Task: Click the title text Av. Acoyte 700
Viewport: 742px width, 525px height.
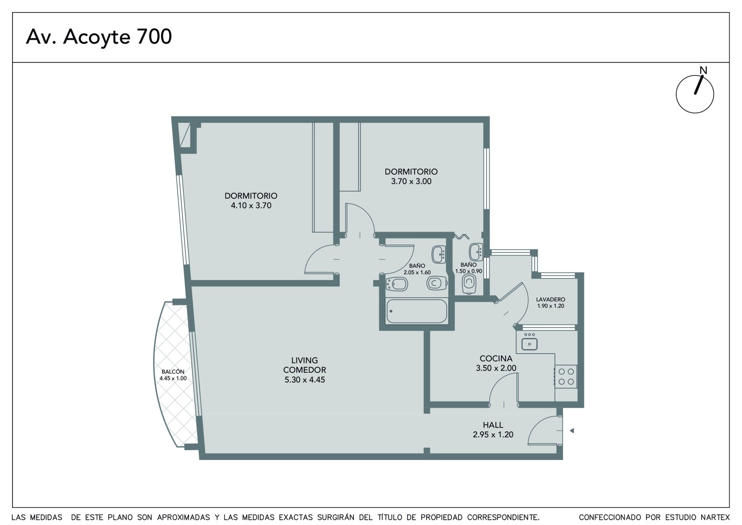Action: click(99, 37)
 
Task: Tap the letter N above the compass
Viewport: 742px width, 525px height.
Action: click(703, 70)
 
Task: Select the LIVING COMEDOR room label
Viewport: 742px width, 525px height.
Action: click(304, 365)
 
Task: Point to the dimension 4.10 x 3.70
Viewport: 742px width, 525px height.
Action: click(251, 205)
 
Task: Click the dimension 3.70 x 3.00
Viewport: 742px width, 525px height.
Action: click(411, 181)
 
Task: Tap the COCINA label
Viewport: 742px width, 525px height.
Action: click(496, 358)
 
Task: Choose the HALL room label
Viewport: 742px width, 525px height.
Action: click(493, 425)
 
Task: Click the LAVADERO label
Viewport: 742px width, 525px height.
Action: click(550, 299)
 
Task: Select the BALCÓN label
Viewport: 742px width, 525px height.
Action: click(173, 371)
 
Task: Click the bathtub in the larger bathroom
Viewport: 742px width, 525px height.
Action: click(417, 311)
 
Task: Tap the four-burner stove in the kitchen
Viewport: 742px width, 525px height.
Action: click(566, 376)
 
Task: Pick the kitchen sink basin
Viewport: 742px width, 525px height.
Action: click(529, 344)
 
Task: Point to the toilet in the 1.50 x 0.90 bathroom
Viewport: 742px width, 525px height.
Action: click(469, 284)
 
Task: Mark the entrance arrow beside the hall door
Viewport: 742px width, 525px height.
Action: click(571, 430)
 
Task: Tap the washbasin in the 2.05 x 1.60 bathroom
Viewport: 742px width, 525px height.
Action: click(439, 254)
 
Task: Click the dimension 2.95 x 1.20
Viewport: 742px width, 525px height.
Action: click(493, 434)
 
